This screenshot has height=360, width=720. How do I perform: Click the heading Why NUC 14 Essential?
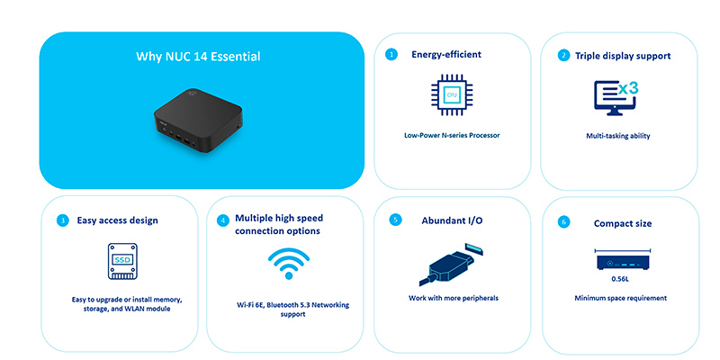pos(198,57)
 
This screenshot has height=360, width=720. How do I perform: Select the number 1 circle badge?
pos(391,55)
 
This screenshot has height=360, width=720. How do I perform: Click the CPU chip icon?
pos(452,94)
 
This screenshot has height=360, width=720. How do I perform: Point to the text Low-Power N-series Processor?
pos(452,136)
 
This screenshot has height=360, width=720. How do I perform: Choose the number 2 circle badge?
pos(563,56)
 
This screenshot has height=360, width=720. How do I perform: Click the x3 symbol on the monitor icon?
pos(627,89)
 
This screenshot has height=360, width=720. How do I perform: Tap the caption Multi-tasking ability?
pos(618,136)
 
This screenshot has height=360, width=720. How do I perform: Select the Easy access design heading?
pos(118,220)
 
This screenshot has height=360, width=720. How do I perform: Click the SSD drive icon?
pos(122,261)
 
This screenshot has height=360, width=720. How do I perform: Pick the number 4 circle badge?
pos(222,220)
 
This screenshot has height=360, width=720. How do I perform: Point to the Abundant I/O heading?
pos(453,220)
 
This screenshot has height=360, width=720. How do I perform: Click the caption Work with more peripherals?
pos(454,298)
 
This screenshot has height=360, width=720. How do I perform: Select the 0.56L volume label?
pos(623,279)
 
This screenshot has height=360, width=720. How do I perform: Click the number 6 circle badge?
pos(563,222)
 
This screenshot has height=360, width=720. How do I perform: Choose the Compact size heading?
pos(623,223)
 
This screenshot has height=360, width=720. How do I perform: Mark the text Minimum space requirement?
pos(620,298)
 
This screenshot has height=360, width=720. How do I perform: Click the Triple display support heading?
pos(623,56)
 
